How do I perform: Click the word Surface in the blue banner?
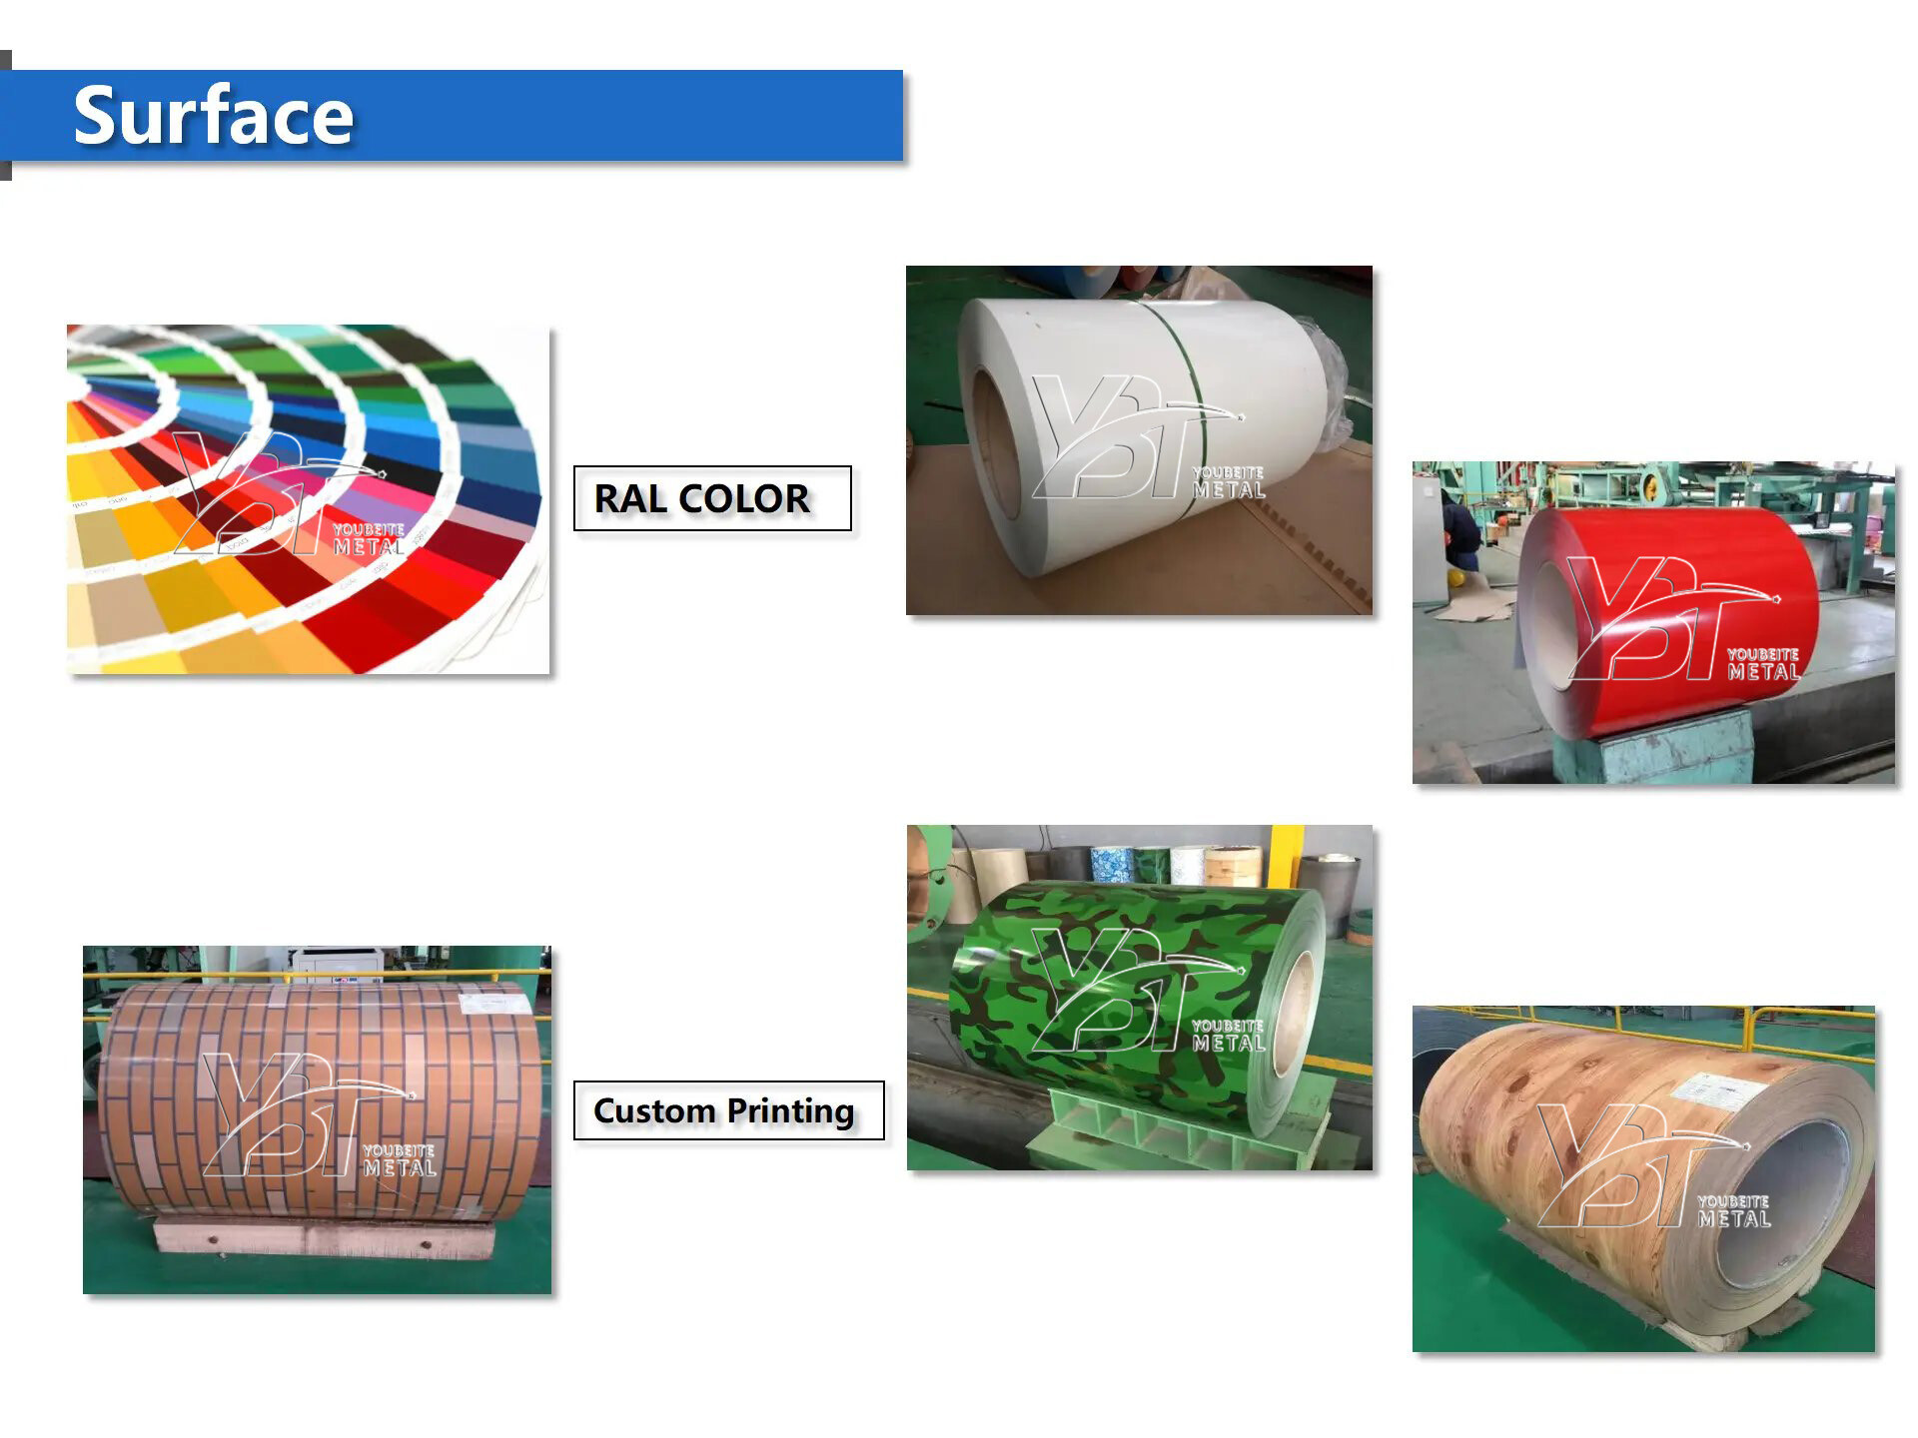coord(214,116)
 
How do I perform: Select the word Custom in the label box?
coord(654,1110)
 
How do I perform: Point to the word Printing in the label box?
coord(790,1112)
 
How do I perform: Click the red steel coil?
coord(1668,619)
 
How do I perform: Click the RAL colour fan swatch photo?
coord(308,499)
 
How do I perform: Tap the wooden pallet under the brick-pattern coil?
coord(325,1238)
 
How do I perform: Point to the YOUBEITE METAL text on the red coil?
coord(1763,664)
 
